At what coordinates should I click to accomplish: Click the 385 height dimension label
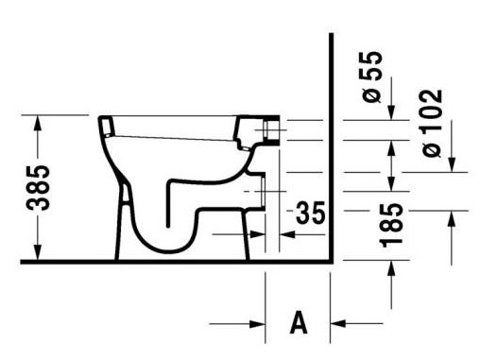point(38,187)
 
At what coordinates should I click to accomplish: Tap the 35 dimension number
point(310,213)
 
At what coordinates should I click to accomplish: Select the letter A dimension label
point(299,322)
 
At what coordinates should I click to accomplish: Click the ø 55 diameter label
point(372,77)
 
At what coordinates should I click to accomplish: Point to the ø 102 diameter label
point(433,123)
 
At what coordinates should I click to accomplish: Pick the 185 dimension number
point(391,225)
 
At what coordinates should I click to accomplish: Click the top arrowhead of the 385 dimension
point(38,123)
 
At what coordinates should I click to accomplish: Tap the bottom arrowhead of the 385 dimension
point(38,252)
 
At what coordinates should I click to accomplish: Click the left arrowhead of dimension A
point(257,324)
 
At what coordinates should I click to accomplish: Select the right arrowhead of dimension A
point(338,324)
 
